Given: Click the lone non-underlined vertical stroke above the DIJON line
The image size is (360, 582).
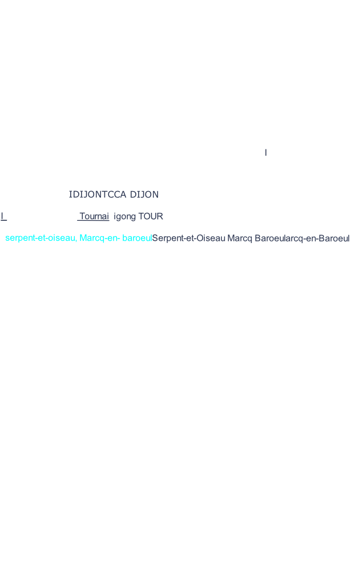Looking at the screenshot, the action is (266, 152).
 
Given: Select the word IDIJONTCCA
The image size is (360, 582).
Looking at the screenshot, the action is (98, 195).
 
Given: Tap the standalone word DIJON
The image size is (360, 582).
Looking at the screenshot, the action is (144, 195).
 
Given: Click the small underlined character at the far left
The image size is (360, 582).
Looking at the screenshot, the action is (3, 216).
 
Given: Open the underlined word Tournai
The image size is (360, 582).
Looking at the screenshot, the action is (94, 216).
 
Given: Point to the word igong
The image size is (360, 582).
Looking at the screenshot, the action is (125, 217).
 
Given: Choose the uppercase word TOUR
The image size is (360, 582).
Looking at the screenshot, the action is (151, 216).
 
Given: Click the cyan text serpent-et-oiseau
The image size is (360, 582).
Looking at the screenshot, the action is (41, 238).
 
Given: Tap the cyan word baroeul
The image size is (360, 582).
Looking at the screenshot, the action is (137, 238).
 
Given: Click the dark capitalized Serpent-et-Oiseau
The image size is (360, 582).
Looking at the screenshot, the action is (188, 239).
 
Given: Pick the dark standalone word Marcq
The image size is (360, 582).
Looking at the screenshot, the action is (240, 239).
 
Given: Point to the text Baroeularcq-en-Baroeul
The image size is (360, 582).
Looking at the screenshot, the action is (302, 239).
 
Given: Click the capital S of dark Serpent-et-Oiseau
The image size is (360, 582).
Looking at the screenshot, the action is (155, 238).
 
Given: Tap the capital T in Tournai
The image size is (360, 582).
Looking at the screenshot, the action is (82, 216).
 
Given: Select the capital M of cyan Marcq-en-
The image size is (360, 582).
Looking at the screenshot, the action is (83, 238).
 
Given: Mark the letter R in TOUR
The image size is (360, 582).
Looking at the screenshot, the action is (160, 216).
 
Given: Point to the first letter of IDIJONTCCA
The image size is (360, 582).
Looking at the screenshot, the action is (70, 195).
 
